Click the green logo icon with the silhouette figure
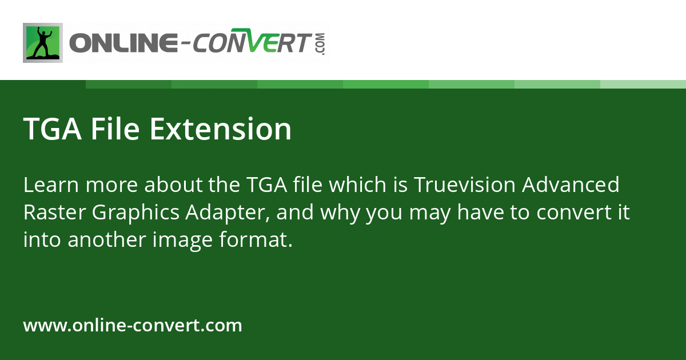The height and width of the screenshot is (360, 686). point(43,43)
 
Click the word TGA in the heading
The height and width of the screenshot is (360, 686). point(53,129)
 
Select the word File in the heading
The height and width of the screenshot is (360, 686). point(117,129)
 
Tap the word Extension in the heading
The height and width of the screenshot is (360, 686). point(221,129)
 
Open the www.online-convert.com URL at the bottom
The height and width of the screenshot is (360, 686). point(133,326)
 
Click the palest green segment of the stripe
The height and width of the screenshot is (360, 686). point(643,84)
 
